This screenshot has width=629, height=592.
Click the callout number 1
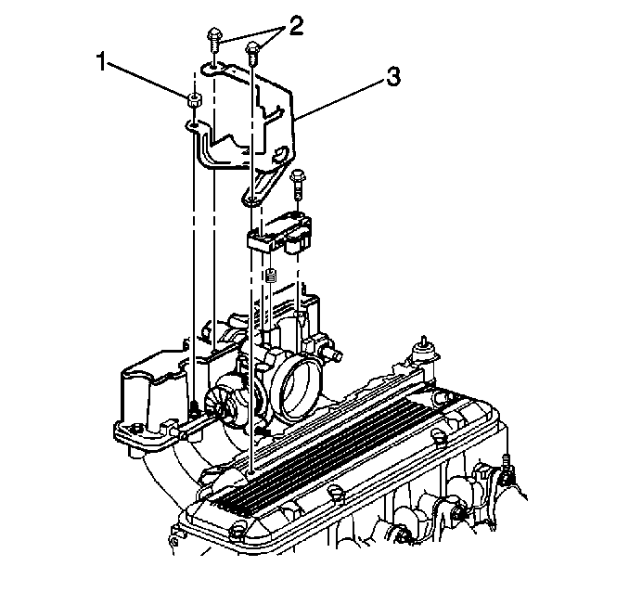[102, 62]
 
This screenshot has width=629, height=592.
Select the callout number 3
[392, 77]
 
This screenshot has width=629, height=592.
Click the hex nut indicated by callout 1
[194, 100]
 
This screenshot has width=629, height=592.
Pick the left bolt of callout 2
[214, 39]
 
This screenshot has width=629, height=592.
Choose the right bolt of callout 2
[252, 54]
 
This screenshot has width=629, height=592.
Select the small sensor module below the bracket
[279, 235]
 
